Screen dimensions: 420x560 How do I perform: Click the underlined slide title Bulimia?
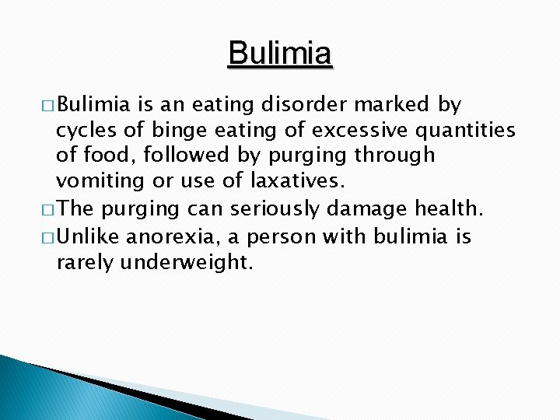[x=280, y=54]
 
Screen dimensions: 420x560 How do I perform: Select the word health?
[x=450, y=209]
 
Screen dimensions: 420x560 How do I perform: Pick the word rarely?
[x=85, y=263]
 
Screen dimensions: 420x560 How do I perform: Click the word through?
[x=395, y=156]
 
